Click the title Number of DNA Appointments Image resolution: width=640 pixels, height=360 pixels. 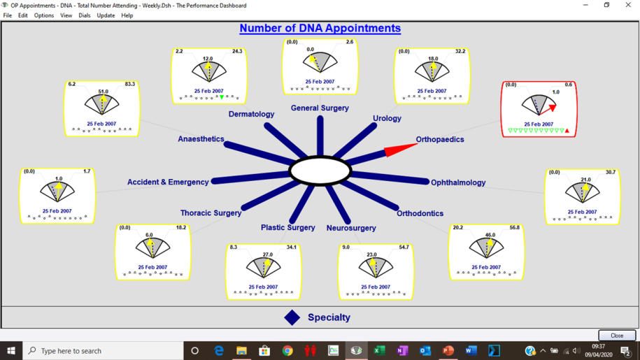[x=320, y=28]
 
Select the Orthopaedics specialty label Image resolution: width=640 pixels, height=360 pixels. [x=439, y=139]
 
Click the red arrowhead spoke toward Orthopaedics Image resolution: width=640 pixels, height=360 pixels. [x=400, y=149]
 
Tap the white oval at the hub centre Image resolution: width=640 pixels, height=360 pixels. [x=320, y=171]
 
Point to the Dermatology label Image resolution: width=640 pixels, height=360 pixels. [x=251, y=114]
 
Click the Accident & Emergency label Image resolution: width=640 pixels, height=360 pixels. [x=168, y=182]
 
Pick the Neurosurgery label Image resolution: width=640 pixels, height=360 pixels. [x=351, y=228]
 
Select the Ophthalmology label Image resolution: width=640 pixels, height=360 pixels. [x=458, y=182]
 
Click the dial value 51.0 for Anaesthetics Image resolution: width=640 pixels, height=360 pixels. [x=104, y=92]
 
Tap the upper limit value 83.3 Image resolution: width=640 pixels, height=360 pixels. [x=130, y=84]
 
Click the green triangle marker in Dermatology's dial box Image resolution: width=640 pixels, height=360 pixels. [x=222, y=97]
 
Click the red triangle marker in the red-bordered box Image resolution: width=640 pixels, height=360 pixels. [x=567, y=131]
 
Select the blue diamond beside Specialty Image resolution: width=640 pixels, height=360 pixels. [x=292, y=317]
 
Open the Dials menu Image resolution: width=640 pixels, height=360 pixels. [x=85, y=15]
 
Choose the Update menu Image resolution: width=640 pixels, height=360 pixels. [x=106, y=15]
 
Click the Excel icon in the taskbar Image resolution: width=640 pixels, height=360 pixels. [x=379, y=351]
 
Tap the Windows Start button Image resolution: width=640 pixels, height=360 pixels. [x=11, y=351]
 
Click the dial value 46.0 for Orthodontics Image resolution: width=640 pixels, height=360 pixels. [x=490, y=235]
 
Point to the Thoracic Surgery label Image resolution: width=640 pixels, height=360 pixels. [x=211, y=213]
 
